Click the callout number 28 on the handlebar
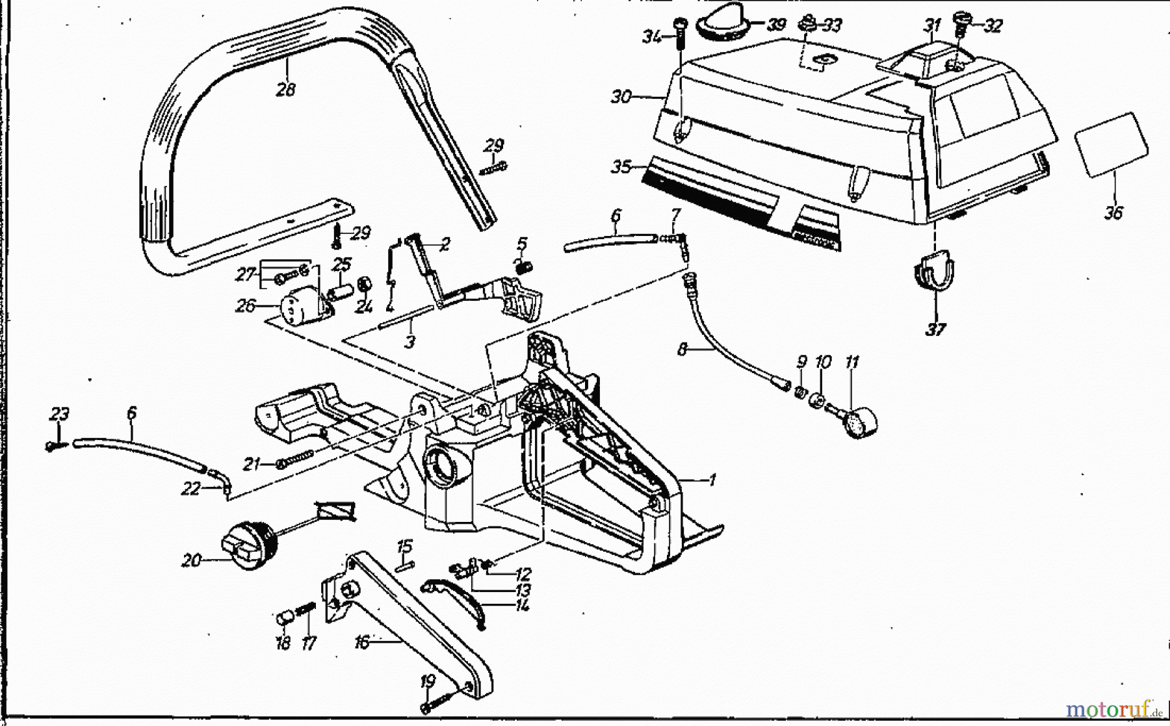pyautogui.click(x=285, y=89)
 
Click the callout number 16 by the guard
pyautogui.click(x=361, y=643)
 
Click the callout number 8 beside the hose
pyautogui.click(x=682, y=350)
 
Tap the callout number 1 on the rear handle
pyautogui.click(x=712, y=480)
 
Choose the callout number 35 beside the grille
pyautogui.click(x=621, y=167)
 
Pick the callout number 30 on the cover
pyautogui.click(x=621, y=97)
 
